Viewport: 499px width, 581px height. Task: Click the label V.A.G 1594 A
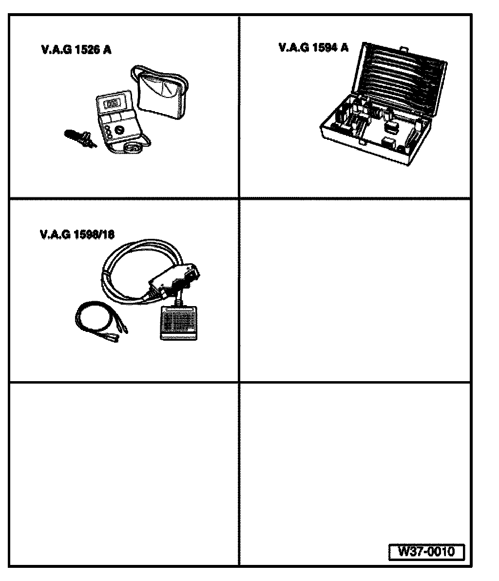click(x=313, y=47)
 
